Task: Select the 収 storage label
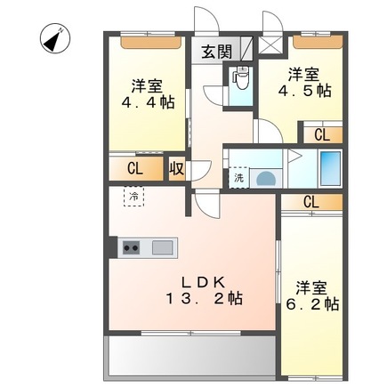[x=176, y=169]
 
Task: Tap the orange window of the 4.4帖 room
[x=147, y=41]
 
